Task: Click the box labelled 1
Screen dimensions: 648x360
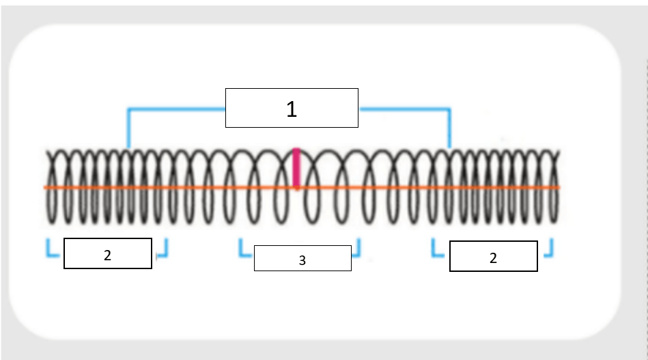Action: tap(292, 108)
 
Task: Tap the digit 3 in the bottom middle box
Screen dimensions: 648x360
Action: tap(302, 260)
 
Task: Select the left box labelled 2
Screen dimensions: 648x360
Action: tap(108, 253)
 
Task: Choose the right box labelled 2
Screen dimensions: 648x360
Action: tap(494, 256)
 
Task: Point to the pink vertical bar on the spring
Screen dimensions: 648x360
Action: tap(296, 168)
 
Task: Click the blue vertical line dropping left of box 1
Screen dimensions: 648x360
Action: tap(128, 128)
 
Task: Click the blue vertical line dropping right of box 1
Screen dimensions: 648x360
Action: tap(449, 128)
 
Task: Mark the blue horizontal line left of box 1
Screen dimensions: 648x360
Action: tap(177, 109)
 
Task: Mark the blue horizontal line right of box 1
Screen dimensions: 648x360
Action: tap(405, 109)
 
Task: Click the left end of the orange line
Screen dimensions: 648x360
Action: tap(44, 188)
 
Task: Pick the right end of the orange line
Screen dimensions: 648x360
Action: tap(560, 188)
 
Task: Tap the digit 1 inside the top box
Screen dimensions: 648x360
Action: tap(292, 109)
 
